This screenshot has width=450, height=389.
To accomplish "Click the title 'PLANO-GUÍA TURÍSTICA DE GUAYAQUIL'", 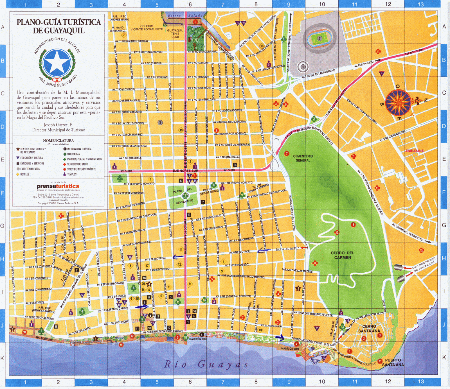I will tap(58, 26).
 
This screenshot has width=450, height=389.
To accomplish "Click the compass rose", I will tap(398, 103).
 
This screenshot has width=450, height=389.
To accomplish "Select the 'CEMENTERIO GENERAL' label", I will tap(303, 158).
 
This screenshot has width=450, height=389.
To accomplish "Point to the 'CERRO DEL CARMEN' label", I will tap(343, 255).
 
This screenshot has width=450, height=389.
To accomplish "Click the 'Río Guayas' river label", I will tap(206, 365).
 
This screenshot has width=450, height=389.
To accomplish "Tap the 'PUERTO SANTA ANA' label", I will tap(393, 362).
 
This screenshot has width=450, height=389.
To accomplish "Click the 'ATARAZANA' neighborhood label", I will tap(414, 151).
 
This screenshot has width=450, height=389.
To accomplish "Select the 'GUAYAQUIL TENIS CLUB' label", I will tap(175, 33).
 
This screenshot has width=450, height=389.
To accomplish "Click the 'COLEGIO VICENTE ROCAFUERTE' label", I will tap(147, 28).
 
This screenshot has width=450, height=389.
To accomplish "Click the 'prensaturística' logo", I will tap(58, 186).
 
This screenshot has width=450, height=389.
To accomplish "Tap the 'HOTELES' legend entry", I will tap(24, 175).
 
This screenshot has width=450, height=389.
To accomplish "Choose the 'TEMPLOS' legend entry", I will tap(71, 175).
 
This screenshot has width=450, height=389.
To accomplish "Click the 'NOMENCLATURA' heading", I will tap(58, 141).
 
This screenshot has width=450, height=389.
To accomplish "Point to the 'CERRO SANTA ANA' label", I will tap(369, 329).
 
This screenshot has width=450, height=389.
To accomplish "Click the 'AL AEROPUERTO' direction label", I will tap(364, 64).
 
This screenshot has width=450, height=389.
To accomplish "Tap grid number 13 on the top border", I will tap(421, 4).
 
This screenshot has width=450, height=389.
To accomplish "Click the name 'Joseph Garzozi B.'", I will tap(58, 125).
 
